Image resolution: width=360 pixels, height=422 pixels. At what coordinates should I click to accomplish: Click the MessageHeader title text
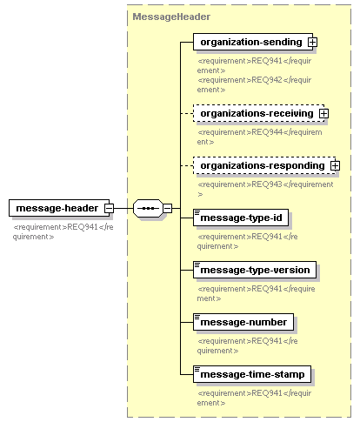coord(171,17)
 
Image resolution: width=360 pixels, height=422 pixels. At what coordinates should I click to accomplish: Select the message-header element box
coord(59,208)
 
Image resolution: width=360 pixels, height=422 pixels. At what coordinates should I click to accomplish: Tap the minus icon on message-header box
coord(110,208)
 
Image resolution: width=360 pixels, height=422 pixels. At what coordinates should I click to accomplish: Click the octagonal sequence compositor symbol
coord(148,208)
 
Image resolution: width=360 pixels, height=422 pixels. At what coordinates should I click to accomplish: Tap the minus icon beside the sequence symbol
coord(167,208)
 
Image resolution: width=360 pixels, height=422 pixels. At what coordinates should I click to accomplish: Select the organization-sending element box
coord(253,42)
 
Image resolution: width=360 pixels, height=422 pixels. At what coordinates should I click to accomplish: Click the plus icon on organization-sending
coord(312,43)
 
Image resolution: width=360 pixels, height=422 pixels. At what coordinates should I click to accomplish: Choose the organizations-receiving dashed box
coord(258,113)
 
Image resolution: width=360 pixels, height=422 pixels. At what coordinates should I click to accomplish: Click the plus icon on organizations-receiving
coord(323,113)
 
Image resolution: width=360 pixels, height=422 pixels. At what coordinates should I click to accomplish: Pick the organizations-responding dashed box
coord(264,165)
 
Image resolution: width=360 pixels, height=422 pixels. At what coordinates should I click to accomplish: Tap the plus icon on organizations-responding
coord(335,165)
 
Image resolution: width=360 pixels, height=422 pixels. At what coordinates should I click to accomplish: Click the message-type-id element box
coord(241,218)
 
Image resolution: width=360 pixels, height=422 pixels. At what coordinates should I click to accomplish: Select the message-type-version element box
coord(255,270)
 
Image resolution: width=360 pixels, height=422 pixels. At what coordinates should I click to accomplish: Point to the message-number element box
coord(243,322)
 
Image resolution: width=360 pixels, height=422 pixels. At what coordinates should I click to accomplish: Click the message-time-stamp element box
coord(252,374)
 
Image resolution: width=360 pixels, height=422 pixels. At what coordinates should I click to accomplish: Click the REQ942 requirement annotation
coord(254,84)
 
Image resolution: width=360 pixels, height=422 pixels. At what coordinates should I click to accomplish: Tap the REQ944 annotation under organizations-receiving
coord(259,137)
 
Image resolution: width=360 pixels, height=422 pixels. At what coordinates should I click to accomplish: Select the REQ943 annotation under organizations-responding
coord(265,189)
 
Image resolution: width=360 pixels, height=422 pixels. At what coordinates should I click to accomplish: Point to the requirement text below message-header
coord(63,231)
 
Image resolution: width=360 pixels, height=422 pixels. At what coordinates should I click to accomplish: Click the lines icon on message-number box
coord(197,317)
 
